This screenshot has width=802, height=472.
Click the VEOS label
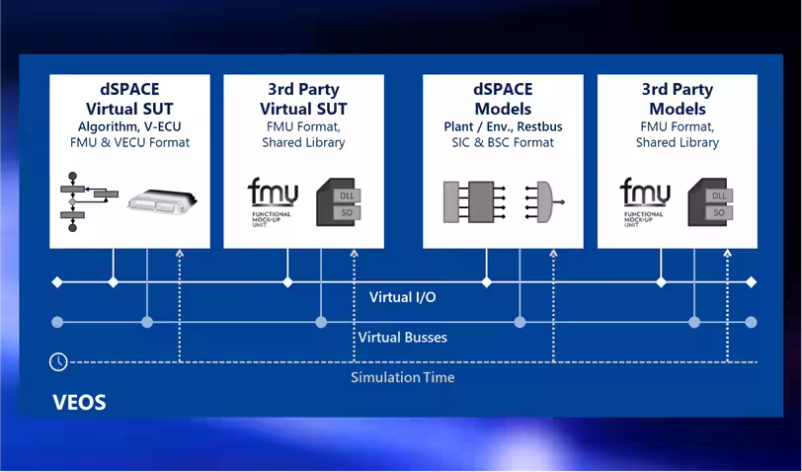coord(79,403)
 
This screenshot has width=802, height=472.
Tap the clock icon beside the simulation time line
coord(58,361)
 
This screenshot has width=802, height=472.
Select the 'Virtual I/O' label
coord(403,297)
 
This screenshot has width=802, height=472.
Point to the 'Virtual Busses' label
coord(403,337)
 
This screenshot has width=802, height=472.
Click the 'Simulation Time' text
coord(403,377)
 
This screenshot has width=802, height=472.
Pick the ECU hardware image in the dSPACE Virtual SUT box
coord(162,202)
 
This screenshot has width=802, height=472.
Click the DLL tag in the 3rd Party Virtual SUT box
coord(347,196)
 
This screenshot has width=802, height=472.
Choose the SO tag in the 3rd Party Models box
coord(719,212)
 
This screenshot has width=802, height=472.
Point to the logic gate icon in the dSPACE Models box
coord(545,202)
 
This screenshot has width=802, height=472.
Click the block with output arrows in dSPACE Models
coord(475,202)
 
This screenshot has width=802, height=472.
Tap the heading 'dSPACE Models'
coord(503,99)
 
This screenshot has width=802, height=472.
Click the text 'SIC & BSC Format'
coord(503,142)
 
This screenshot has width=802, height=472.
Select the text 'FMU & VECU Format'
coord(130,142)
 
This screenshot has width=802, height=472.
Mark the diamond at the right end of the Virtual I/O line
coord(751,281)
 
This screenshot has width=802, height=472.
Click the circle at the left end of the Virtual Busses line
coord(58,322)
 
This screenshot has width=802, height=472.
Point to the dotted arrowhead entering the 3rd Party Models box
coord(728,253)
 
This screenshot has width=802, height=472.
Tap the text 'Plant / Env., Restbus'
coord(503,126)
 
